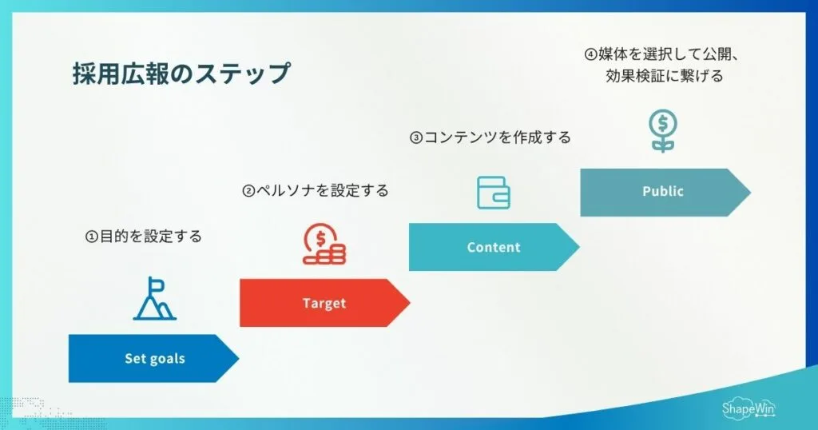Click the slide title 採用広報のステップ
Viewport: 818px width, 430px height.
click(x=181, y=74)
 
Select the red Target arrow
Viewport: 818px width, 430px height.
click(x=324, y=303)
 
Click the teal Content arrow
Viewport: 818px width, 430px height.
click(x=493, y=247)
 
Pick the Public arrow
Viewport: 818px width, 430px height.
click(x=663, y=192)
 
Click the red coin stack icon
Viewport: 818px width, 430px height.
click(x=324, y=245)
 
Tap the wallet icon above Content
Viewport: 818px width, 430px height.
click(x=493, y=192)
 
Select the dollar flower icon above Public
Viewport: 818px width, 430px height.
click(x=662, y=132)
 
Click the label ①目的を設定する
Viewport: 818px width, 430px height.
click(x=144, y=237)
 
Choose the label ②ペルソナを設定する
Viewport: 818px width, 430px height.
click(x=315, y=191)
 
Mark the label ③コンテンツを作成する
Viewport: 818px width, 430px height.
click(x=490, y=137)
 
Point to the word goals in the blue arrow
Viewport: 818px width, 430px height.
click(x=169, y=358)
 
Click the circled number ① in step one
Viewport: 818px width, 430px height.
click(x=91, y=237)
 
